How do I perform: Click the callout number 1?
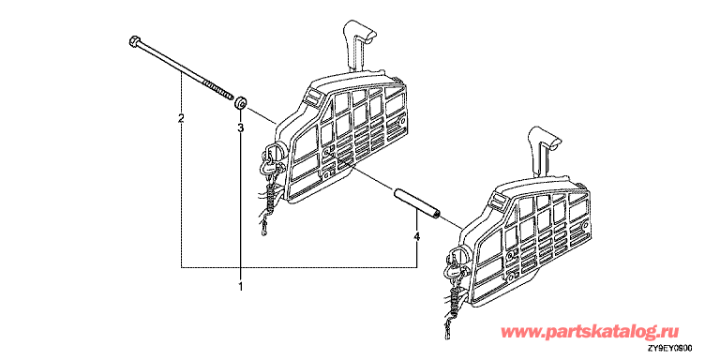pos(240,288)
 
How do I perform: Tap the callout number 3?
pos(240,128)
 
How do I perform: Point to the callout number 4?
pos(416,236)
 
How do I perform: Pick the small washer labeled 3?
pos(241,103)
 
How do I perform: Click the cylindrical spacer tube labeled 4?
pos(417,202)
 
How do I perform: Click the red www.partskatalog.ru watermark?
pos(589,332)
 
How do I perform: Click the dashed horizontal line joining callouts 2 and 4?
pos(299,266)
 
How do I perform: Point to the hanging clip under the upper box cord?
pos(263,226)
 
